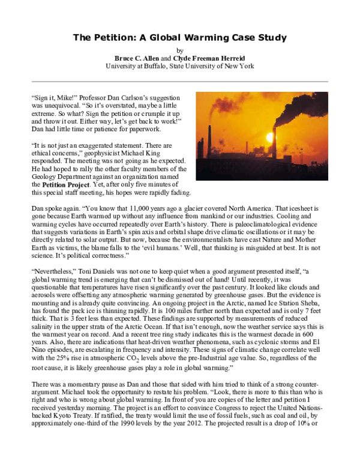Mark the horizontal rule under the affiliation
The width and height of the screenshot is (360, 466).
pyautogui.click(x=179, y=81)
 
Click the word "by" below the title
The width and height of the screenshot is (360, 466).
pyautogui.click(x=179, y=50)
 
